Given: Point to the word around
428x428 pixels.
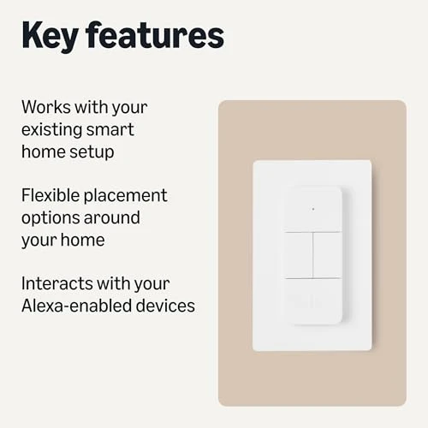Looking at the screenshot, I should pos(115,218).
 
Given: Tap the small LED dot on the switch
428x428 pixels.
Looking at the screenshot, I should pos(312,208).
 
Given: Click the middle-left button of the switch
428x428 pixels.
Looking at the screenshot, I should pos(299,253).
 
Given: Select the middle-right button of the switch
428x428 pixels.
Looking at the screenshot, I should pos(327,253).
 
